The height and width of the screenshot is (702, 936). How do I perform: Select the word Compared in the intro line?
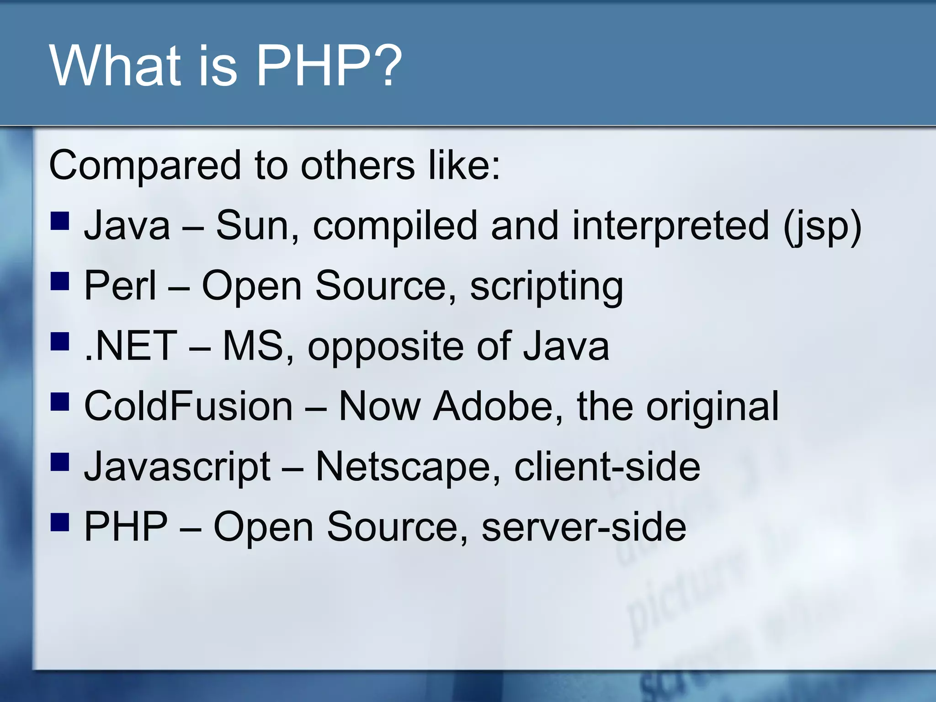tap(144, 165)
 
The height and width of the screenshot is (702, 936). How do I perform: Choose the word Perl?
tap(120, 285)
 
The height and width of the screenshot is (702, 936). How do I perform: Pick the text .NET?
tap(131, 346)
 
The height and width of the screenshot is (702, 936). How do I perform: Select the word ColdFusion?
tap(188, 406)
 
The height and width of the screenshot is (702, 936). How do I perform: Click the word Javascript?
tap(177, 467)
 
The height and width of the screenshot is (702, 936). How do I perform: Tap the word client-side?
tap(607, 466)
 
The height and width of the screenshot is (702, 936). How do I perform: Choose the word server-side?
tap(584, 527)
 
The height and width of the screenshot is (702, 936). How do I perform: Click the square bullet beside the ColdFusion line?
tap(60, 402)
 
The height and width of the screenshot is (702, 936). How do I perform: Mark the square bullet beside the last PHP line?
tap(60, 522)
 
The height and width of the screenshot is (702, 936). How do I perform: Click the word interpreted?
tap(670, 226)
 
